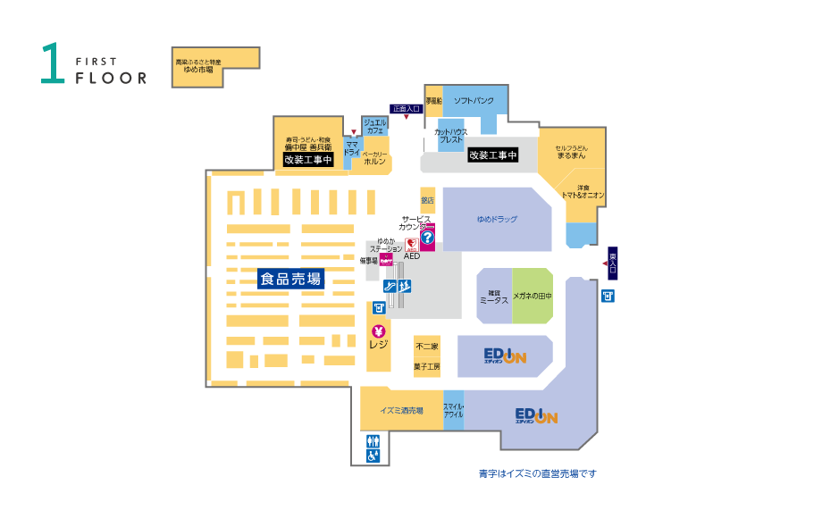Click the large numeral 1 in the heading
tap(52, 64)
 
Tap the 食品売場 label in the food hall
tap(289, 280)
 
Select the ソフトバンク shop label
tap(474, 101)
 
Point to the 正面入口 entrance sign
tap(407, 108)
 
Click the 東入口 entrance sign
tap(613, 263)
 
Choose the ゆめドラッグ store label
tap(497, 219)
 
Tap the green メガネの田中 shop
tap(533, 296)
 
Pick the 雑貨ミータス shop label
tap(493, 296)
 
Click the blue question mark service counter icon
tap(427, 238)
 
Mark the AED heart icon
tap(412, 244)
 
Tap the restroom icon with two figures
tap(373, 440)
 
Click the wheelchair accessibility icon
tap(373, 456)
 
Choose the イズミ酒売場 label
tap(401, 411)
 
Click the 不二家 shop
tap(427, 347)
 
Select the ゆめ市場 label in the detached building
tap(197, 70)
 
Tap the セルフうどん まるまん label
tap(571, 152)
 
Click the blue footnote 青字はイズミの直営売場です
tap(537, 473)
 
